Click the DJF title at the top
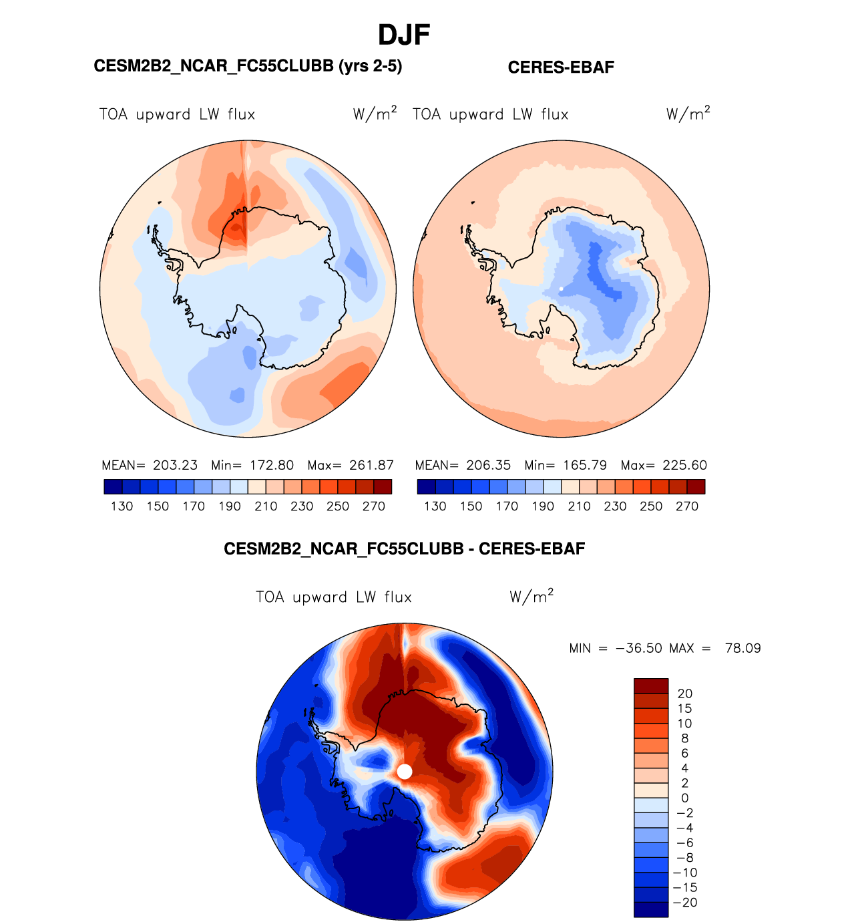404,35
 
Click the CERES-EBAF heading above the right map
561,67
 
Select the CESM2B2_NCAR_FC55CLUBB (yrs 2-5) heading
248,66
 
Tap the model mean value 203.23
175,465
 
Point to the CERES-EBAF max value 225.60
684,465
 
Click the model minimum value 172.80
272,465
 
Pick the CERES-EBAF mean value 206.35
488,465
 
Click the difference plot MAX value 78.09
742,648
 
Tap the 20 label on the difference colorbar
684,694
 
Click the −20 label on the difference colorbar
684,903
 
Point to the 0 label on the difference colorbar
684,798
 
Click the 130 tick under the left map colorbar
122,506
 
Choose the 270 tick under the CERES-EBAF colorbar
687,506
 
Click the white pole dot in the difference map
405,772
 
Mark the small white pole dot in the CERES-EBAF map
562,289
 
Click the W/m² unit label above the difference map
531,596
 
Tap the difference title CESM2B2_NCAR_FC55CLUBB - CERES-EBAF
404,549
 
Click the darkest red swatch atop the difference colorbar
650,686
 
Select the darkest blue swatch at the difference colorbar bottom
650,909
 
